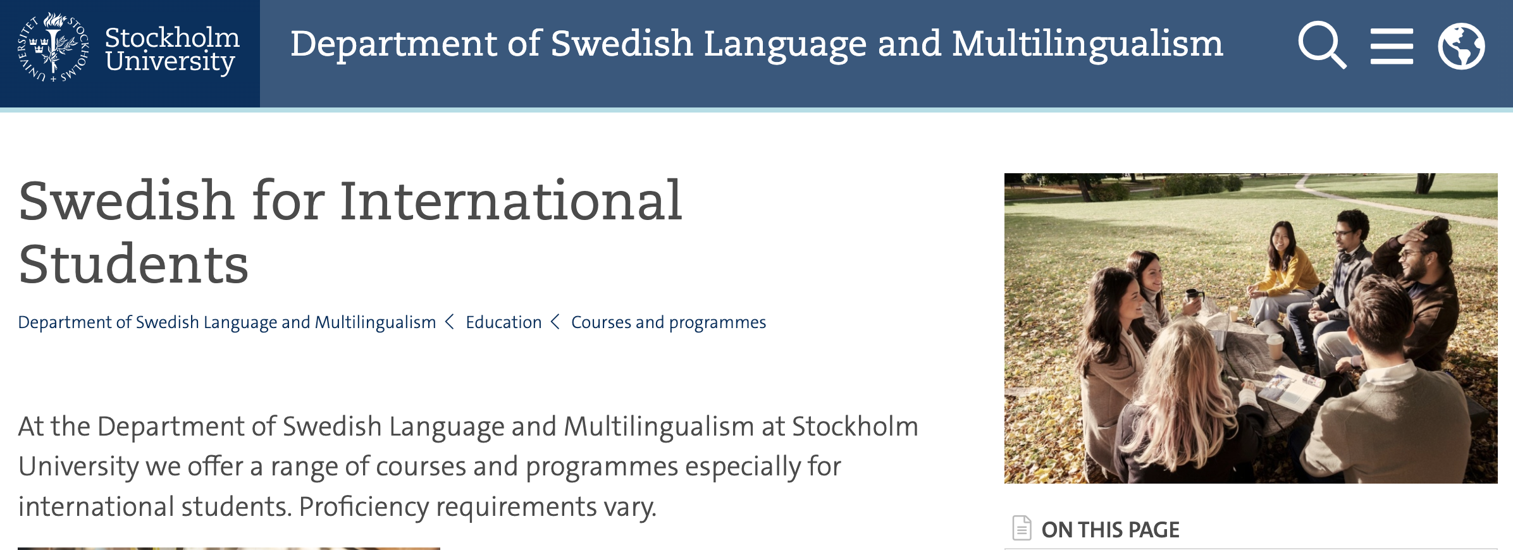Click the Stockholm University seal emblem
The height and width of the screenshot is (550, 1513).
pyautogui.click(x=53, y=47)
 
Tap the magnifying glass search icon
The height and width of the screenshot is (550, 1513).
pyautogui.click(x=1321, y=44)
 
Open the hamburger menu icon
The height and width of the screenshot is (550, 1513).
pyautogui.click(x=1392, y=46)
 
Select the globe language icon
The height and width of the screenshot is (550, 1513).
pyautogui.click(x=1461, y=46)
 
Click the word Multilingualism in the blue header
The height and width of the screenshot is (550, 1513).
pyautogui.click(x=1087, y=44)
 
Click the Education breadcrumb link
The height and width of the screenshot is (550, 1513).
pyautogui.click(x=503, y=322)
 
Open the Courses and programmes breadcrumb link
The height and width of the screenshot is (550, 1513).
pyautogui.click(x=669, y=322)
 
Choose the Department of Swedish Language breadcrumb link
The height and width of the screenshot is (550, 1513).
pyautogui.click(x=227, y=322)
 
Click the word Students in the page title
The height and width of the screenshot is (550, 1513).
pyautogui.click(x=133, y=264)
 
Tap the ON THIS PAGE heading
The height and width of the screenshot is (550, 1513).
pyautogui.click(x=1110, y=530)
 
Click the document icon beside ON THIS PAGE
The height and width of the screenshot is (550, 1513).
pyautogui.click(x=1022, y=528)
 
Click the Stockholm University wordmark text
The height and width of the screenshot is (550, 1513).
pyautogui.click(x=172, y=49)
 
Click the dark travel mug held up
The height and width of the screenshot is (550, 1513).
pyautogui.click(x=1194, y=302)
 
